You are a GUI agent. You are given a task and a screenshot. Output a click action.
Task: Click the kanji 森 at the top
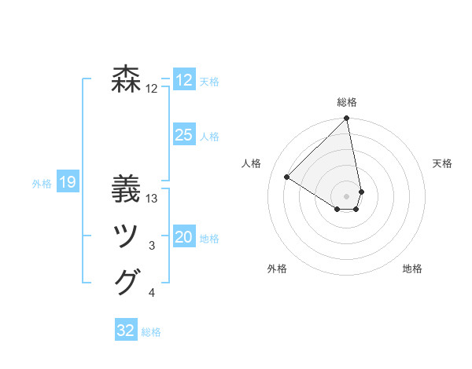click(x=127, y=79)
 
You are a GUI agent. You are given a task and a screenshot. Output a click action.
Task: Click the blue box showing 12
click(x=184, y=80)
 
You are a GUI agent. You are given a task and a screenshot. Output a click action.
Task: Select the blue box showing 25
click(x=184, y=135)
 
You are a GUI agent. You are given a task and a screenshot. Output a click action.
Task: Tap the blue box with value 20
click(x=184, y=237)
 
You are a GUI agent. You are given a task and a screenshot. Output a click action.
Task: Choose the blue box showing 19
click(x=68, y=183)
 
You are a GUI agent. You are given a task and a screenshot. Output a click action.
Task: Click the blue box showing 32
click(x=126, y=331)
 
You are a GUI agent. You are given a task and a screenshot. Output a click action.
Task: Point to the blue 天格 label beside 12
click(x=209, y=82)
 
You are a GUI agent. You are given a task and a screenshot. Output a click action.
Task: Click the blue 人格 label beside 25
click(x=209, y=137)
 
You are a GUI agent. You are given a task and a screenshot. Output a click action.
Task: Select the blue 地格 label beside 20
click(x=209, y=239)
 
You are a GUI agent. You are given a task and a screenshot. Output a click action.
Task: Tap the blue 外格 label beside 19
click(x=42, y=184)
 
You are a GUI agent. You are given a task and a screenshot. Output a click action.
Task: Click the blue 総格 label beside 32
click(x=151, y=332)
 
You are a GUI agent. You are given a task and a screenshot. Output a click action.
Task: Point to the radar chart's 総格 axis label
click(x=347, y=102)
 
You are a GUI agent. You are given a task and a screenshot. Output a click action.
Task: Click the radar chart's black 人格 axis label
click(x=251, y=163)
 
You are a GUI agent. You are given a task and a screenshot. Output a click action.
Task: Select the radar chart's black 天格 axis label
click(x=443, y=163)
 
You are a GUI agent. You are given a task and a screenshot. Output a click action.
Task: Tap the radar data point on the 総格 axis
click(x=347, y=119)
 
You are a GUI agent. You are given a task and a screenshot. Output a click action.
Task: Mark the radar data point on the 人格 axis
click(x=287, y=177)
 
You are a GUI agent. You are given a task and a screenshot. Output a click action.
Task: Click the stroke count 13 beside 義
click(x=153, y=199)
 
